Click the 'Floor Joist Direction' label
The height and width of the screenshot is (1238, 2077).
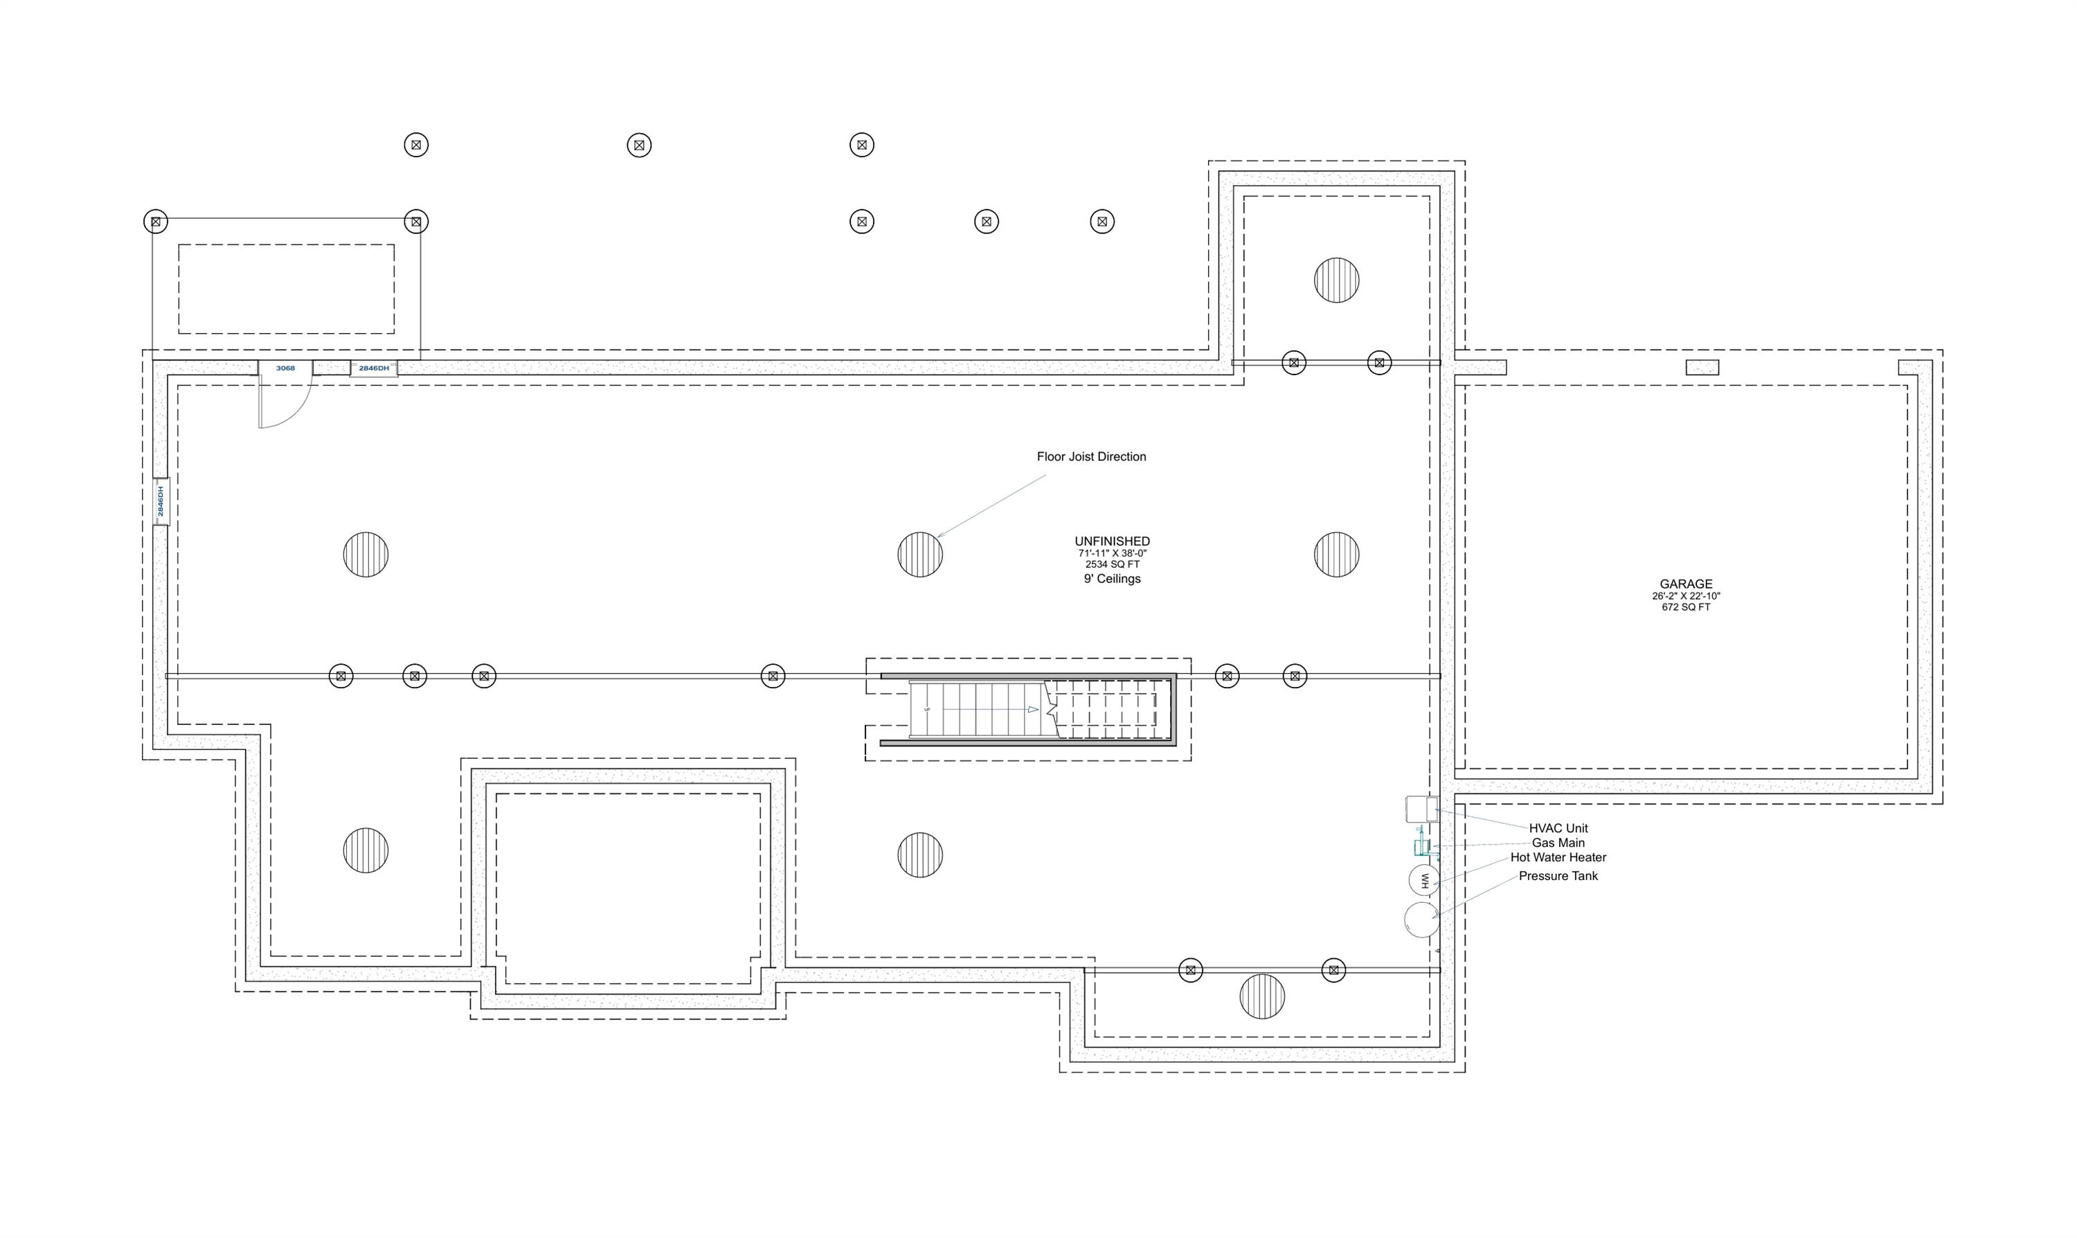coord(1091,456)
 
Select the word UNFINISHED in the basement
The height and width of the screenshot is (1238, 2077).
coord(1112,541)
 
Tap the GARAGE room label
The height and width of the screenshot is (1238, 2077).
coord(1686,584)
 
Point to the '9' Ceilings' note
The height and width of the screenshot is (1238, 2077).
coord(1112,579)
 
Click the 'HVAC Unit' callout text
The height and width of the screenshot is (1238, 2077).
coord(1558,828)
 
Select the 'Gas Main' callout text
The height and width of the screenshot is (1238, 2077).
coord(1558,843)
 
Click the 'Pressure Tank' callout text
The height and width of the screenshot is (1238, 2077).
coord(1558,876)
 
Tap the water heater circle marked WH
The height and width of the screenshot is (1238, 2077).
coord(1424,880)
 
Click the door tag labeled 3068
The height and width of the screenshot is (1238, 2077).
coord(285,368)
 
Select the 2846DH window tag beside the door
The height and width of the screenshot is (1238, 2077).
coord(374,368)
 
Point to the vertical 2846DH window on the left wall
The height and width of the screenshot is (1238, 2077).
coord(161,501)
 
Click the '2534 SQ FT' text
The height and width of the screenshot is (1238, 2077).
coord(1112,565)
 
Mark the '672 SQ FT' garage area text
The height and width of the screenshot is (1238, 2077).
coord(1686,607)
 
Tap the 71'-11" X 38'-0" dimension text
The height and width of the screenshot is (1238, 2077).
coord(1112,553)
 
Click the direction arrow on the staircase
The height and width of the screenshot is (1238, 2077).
coord(1033,709)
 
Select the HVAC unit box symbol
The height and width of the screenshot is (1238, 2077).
coord(1421,809)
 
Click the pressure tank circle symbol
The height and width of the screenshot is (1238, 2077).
coord(1421,919)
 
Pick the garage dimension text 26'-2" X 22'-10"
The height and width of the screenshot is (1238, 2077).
coord(1686,596)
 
